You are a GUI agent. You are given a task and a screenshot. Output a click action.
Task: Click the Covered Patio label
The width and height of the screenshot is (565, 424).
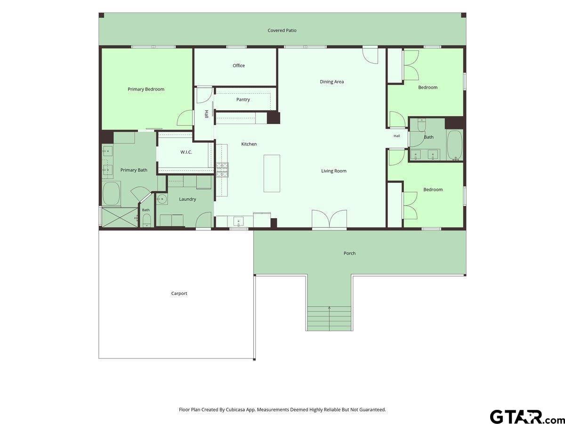(x=282, y=30)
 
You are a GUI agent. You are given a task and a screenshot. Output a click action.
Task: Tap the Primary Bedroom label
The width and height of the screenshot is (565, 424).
(x=146, y=90)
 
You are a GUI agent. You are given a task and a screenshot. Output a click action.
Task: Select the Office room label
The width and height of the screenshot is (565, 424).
(x=239, y=65)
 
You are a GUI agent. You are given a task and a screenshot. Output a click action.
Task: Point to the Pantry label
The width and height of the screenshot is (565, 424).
(x=243, y=99)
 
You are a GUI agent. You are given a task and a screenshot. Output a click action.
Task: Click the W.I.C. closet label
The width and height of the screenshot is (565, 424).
(x=186, y=152)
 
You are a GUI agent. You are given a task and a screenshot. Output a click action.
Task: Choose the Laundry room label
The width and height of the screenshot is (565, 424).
(x=187, y=199)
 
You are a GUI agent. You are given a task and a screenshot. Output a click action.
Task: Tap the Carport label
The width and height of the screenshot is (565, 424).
(x=179, y=293)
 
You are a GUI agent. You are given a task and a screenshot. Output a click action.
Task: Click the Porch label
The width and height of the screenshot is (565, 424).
(x=349, y=253)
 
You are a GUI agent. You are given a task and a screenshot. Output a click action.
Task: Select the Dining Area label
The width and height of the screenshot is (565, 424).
(x=332, y=82)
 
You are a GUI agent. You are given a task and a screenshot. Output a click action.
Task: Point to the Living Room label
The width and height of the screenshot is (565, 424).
(x=334, y=171)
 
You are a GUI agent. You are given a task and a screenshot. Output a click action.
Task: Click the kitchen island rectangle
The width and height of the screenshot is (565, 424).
(x=272, y=173)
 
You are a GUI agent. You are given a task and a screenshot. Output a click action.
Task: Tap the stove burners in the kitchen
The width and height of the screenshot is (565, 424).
(x=222, y=170)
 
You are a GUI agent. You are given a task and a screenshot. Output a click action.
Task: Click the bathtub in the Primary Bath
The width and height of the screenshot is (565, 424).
(x=112, y=193)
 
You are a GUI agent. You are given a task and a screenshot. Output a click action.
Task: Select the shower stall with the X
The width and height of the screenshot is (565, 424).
(x=120, y=218)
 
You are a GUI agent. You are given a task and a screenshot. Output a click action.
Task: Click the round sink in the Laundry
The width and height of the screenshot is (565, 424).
(x=161, y=199)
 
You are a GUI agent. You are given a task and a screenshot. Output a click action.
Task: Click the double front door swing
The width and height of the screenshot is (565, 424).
(x=329, y=219)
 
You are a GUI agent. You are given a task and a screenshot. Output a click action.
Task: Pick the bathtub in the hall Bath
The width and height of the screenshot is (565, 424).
(x=455, y=146)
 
